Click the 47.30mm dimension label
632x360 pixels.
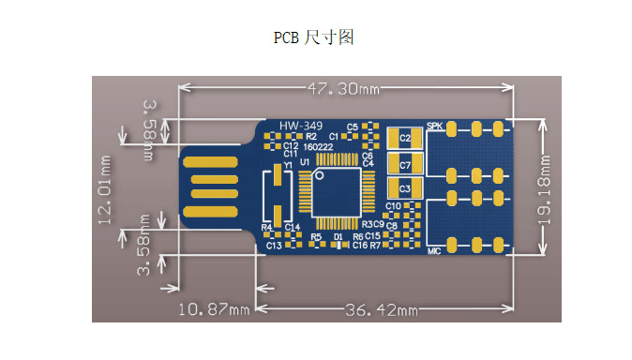click(x=342, y=89)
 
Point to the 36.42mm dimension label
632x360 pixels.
click(x=382, y=309)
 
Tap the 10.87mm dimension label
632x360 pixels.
click(x=213, y=309)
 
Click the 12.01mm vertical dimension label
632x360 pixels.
click(x=105, y=188)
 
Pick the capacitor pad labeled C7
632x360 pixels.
click(x=405, y=165)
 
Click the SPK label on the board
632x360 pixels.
click(x=434, y=126)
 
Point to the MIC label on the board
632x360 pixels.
click(x=434, y=250)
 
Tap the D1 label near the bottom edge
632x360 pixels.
click(x=338, y=237)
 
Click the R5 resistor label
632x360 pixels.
click(x=316, y=237)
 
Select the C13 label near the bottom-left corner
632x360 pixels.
click(x=273, y=246)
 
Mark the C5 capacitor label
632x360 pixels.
click(x=353, y=127)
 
